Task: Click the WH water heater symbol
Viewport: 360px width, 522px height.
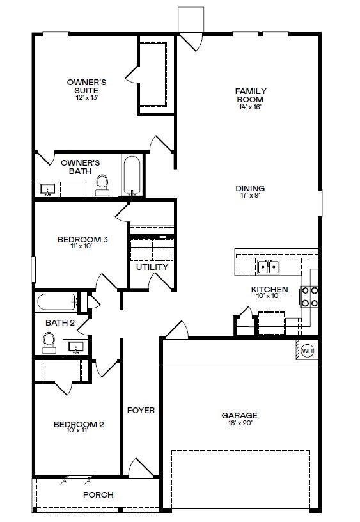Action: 307,351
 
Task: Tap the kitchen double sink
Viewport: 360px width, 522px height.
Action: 269,267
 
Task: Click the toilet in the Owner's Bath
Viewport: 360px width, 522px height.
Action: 102,184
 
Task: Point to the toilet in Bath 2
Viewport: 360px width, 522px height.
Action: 49,344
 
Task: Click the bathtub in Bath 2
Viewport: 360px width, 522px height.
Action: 56,301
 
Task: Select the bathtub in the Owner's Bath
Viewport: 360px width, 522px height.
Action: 131,175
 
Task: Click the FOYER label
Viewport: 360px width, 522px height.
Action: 141,410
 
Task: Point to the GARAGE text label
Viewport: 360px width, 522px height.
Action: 240,415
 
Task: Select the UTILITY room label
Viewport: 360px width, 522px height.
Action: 152,267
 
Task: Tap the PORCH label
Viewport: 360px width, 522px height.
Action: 98,494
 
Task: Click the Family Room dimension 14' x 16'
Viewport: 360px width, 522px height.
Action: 251,107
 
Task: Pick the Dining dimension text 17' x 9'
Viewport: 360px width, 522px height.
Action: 250,196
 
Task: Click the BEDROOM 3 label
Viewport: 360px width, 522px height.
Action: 82,240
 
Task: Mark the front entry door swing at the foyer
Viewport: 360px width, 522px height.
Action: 139,468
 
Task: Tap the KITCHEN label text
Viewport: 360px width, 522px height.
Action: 269,289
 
